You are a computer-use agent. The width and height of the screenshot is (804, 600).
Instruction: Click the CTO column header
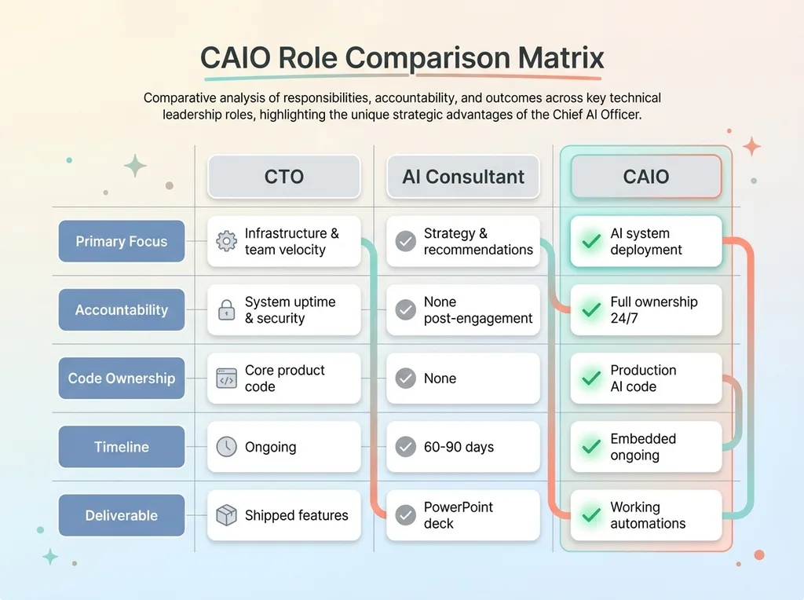[x=284, y=177]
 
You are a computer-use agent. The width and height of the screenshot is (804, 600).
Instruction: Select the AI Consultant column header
[x=463, y=177]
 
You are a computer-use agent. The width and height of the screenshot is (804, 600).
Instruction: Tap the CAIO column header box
[x=646, y=177]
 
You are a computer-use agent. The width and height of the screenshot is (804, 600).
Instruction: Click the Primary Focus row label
[x=122, y=241]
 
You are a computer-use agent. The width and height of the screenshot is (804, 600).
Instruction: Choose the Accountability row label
[x=122, y=309]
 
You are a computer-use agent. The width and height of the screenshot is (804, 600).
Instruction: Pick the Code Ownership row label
[x=122, y=378]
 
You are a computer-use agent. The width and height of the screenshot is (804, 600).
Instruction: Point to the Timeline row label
[x=122, y=447]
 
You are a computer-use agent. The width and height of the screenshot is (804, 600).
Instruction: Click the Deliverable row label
[x=122, y=515]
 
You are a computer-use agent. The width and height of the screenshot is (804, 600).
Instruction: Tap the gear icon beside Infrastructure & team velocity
[x=226, y=241]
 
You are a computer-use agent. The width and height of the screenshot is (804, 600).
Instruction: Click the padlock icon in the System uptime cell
[x=226, y=309]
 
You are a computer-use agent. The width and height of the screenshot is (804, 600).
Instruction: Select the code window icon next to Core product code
[x=226, y=379]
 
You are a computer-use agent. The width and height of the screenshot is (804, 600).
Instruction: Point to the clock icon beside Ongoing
[x=226, y=447]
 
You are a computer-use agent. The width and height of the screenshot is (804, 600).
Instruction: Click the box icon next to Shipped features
[x=226, y=515]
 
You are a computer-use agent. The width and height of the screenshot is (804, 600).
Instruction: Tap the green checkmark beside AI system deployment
[x=591, y=241]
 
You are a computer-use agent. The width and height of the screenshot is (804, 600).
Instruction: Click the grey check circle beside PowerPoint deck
[x=406, y=515]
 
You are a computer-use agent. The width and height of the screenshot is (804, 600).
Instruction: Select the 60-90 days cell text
[x=459, y=447]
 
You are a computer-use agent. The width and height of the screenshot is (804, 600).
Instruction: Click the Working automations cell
[x=646, y=515]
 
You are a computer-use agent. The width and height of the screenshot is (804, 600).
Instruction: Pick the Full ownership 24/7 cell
[x=646, y=309]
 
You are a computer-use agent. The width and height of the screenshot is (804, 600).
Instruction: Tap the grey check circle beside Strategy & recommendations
[x=406, y=241]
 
